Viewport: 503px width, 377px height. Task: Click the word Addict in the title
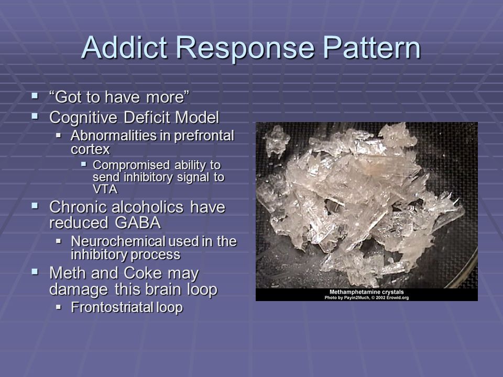point(125,48)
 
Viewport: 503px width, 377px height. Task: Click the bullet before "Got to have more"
point(35,95)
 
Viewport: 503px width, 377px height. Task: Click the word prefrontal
point(204,136)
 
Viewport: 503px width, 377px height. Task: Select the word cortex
point(90,150)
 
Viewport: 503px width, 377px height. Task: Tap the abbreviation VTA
point(105,189)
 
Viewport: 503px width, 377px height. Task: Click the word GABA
point(138,223)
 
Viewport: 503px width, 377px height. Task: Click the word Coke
point(143,273)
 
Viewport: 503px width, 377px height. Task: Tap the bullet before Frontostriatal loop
point(58,307)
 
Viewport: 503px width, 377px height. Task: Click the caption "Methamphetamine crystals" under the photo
point(367,292)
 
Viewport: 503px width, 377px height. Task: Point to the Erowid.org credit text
point(397,298)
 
